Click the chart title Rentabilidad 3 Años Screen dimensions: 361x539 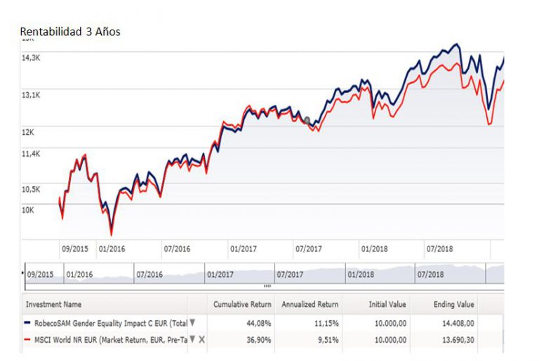70,32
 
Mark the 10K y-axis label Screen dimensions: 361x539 29,209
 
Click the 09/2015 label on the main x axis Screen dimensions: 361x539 75,249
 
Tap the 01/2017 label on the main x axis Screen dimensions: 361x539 243,249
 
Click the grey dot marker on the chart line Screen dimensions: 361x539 307,120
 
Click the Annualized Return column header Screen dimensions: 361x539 310,305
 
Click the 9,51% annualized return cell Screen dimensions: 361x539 325,339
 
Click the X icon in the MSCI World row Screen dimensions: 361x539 202,339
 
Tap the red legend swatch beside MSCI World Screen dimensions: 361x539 28,339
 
